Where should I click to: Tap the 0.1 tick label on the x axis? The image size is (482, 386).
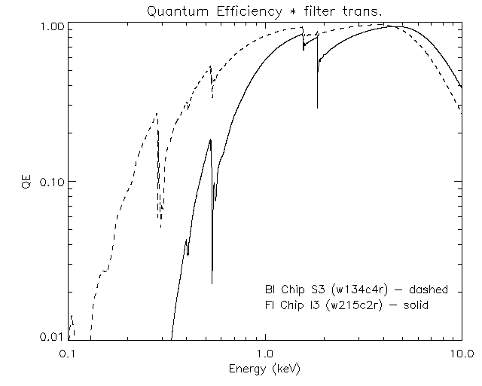69,353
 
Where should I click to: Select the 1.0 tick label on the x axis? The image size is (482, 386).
264,353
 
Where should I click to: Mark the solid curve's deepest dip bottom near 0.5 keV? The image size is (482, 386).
212,283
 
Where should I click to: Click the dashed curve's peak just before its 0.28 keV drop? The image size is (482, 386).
156,113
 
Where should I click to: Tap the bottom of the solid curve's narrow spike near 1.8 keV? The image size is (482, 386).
317,108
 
